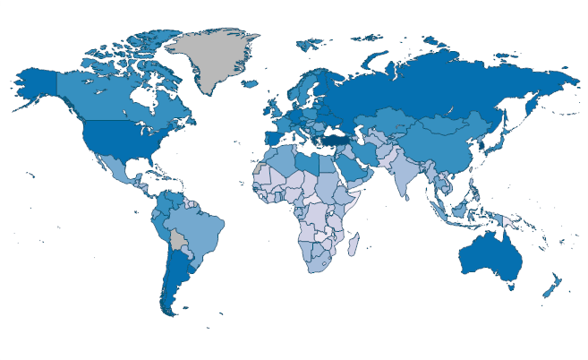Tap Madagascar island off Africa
click(354, 244)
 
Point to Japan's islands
click(505, 143)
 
